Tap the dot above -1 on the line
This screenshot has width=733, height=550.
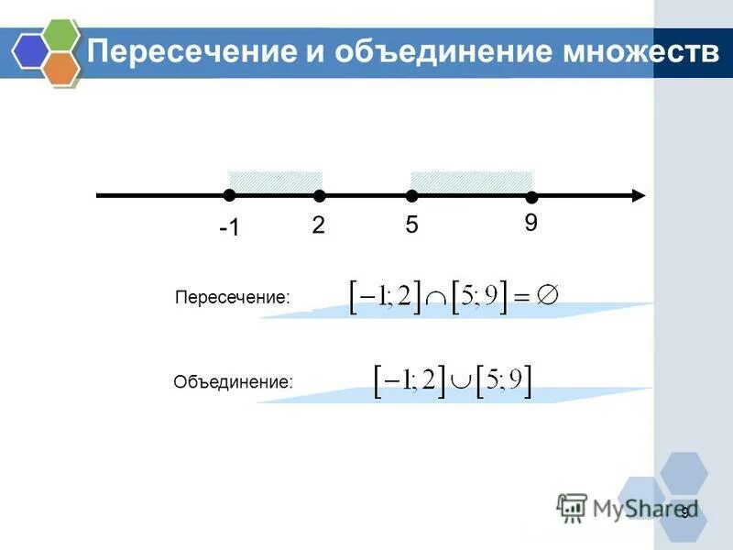(229, 194)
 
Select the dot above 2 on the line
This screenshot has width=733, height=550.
(319, 195)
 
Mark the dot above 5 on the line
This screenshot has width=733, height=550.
(412, 195)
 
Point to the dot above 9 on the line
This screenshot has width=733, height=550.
(531, 197)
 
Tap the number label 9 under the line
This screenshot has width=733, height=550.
(531, 223)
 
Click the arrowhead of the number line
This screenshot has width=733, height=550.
(638, 194)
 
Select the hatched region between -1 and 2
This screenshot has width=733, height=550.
(275, 181)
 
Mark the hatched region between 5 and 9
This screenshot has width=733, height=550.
(472, 181)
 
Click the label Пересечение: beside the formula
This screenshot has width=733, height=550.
(232, 298)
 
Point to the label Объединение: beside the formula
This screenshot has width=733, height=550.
(234, 381)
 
